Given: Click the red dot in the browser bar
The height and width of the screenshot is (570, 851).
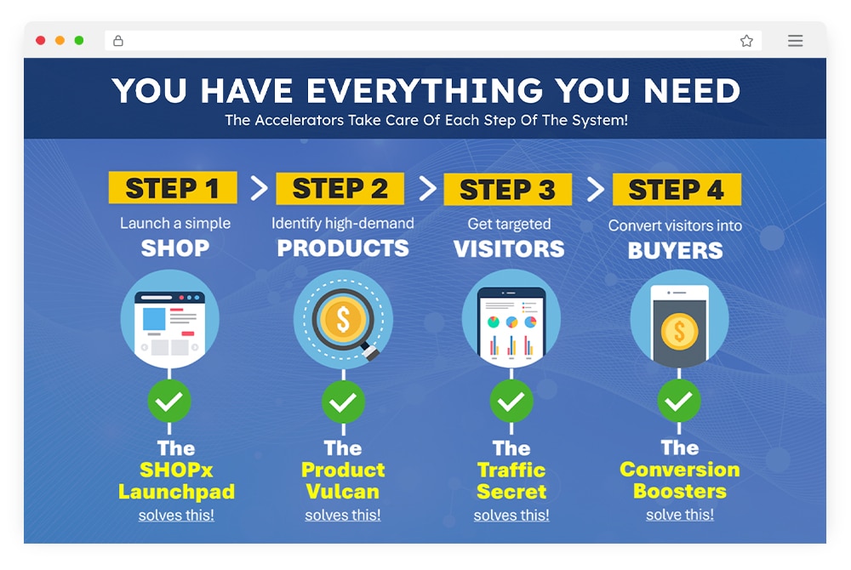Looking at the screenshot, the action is [40, 40].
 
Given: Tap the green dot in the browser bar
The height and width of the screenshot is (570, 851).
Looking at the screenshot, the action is [78, 40].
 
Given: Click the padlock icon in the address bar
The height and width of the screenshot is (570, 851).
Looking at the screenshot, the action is [117, 40].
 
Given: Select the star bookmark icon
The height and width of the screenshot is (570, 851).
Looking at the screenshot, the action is [746, 41].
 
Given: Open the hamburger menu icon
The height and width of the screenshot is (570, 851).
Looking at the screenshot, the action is [795, 41].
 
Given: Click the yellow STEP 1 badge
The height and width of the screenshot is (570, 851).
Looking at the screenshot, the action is [173, 188].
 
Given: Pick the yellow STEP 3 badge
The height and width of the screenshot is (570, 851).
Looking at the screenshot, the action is [507, 189].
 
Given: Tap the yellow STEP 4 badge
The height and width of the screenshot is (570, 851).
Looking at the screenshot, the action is [677, 189].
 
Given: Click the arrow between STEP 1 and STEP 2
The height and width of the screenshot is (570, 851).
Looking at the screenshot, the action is [259, 188].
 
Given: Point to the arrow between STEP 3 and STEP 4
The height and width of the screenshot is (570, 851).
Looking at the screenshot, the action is [596, 189].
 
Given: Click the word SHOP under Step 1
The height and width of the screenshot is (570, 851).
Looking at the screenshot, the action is [174, 248].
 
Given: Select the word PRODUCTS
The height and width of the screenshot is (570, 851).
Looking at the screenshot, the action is [342, 248].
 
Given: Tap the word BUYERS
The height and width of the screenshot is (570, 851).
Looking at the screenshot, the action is [675, 251].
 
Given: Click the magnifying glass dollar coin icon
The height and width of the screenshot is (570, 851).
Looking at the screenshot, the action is [343, 319].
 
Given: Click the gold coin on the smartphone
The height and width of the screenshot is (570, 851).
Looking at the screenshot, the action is [679, 330].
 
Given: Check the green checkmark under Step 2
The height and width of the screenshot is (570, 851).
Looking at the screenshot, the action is [343, 402].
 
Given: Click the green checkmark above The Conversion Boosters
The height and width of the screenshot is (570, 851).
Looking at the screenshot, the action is [679, 401].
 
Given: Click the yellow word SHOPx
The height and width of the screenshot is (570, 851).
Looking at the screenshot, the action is [176, 470].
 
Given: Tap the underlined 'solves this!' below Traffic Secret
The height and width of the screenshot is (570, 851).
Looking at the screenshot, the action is [511, 516].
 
